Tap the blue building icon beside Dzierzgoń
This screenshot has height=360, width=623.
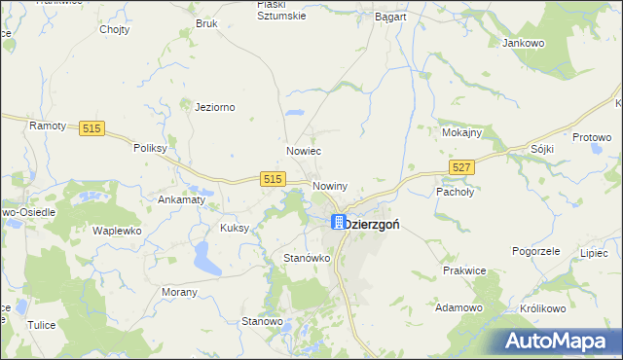click(x=338, y=222)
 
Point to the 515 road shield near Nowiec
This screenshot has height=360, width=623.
click(x=272, y=179)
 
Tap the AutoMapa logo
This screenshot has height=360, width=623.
click(x=559, y=341)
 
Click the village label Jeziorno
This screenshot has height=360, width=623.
click(x=215, y=107)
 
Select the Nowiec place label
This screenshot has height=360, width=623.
click(x=304, y=152)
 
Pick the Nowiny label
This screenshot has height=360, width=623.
click(x=330, y=185)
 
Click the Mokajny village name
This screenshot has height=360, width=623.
click(x=462, y=132)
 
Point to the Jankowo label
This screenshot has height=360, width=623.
click(x=523, y=43)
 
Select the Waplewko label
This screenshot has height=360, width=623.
click(x=117, y=231)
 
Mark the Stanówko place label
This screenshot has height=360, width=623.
click(x=307, y=258)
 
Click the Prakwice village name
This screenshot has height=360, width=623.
click(x=464, y=270)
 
